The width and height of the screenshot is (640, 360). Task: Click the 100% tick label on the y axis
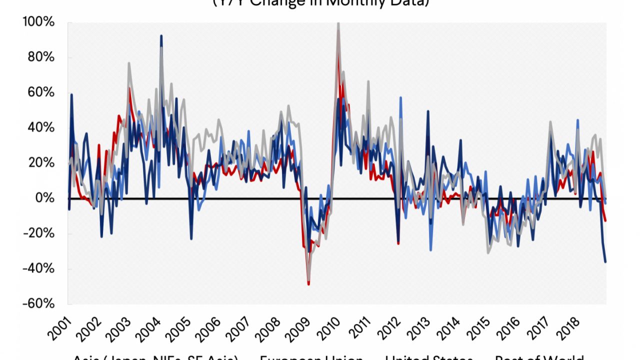point(38,22)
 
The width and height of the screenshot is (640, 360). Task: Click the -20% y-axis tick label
point(38,233)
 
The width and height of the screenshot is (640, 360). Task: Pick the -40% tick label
point(38,269)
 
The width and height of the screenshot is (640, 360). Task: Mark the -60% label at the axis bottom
point(38,304)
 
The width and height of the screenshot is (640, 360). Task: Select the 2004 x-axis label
point(149,327)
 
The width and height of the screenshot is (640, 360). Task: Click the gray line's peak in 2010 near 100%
point(338,23)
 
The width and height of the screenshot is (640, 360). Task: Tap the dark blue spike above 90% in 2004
point(161,35)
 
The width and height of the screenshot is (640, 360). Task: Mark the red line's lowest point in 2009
point(309,284)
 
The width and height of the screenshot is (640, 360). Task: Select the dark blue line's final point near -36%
point(605,261)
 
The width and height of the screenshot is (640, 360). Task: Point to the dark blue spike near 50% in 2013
point(428,111)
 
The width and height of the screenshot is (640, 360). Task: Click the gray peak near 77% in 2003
point(129,63)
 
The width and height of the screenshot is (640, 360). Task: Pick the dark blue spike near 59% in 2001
point(71,94)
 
